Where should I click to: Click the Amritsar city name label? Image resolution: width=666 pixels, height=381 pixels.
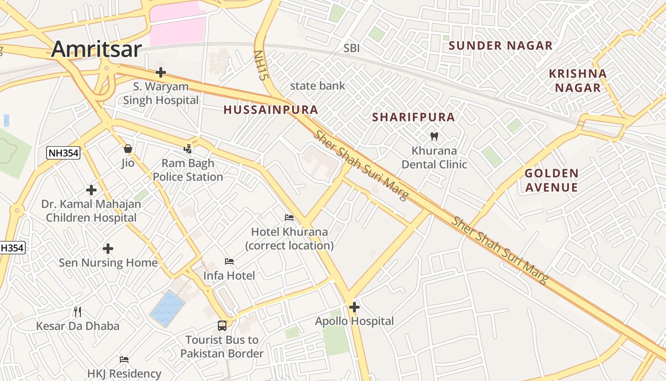97,49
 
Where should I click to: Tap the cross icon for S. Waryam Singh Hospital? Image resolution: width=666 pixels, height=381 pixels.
161,73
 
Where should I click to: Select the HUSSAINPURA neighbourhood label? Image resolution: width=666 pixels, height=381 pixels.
271,110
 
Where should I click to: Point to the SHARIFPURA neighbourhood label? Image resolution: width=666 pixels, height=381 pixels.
413,117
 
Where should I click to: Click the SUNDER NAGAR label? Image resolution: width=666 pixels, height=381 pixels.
500,46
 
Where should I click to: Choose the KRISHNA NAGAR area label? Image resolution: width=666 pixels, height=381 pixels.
578,81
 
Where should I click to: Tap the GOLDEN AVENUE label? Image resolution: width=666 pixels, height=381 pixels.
551,180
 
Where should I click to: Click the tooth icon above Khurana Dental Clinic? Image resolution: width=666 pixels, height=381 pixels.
433,137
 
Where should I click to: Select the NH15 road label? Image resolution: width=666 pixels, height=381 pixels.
259,65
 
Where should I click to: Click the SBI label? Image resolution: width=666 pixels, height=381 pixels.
352,48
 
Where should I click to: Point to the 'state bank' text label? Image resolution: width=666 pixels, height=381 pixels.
317,86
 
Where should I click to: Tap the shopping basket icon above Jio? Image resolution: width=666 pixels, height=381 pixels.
127,149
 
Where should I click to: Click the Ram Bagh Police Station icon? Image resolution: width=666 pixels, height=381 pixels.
188,149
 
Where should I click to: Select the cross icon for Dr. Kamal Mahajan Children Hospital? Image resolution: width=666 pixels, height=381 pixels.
91,190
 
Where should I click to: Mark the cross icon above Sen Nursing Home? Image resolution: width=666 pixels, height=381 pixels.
108,249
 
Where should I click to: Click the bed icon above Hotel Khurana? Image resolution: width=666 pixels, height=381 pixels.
289,218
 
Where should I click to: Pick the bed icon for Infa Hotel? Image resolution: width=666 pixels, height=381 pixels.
229,261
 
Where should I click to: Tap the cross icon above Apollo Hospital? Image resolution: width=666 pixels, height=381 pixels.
354,307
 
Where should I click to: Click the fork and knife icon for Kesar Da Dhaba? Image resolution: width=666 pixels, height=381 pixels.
78,312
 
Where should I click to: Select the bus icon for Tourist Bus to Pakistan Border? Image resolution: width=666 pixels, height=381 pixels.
222,326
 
